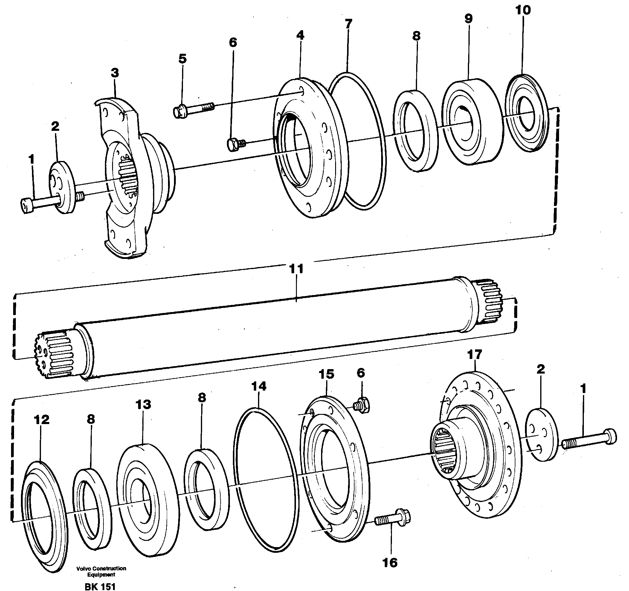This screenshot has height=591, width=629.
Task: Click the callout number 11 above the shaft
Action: tap(297, 269)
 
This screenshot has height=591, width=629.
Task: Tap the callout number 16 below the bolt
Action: tap(390, 563)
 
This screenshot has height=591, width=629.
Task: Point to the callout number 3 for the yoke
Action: tap(115, 73)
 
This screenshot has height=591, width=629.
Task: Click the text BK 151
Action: tap(100, 587)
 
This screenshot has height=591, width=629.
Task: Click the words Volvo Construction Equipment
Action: tap(101, 571)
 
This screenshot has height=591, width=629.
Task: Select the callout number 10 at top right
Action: tap(523, 10)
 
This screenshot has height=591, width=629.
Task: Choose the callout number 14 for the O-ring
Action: tap(259, 386)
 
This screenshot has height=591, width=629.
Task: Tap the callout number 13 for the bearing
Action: tap(143, 404)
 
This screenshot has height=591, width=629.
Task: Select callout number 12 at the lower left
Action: tap(42, 420)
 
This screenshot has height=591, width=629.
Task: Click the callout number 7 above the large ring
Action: tap(348, 24)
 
